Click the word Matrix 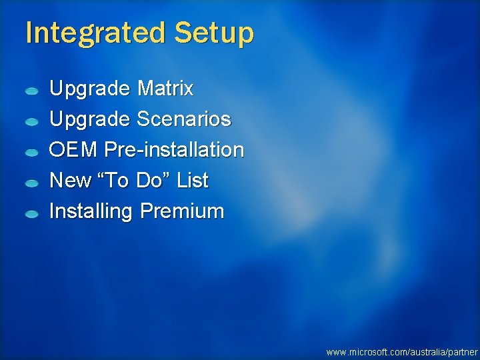(165, 88)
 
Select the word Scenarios (183, 119)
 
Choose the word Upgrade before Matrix (90, 89)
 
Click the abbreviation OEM (74, 150)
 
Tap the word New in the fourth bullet (70, 181)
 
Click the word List (192, 181)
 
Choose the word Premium (182, 211)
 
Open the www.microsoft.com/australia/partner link (402, 351)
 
